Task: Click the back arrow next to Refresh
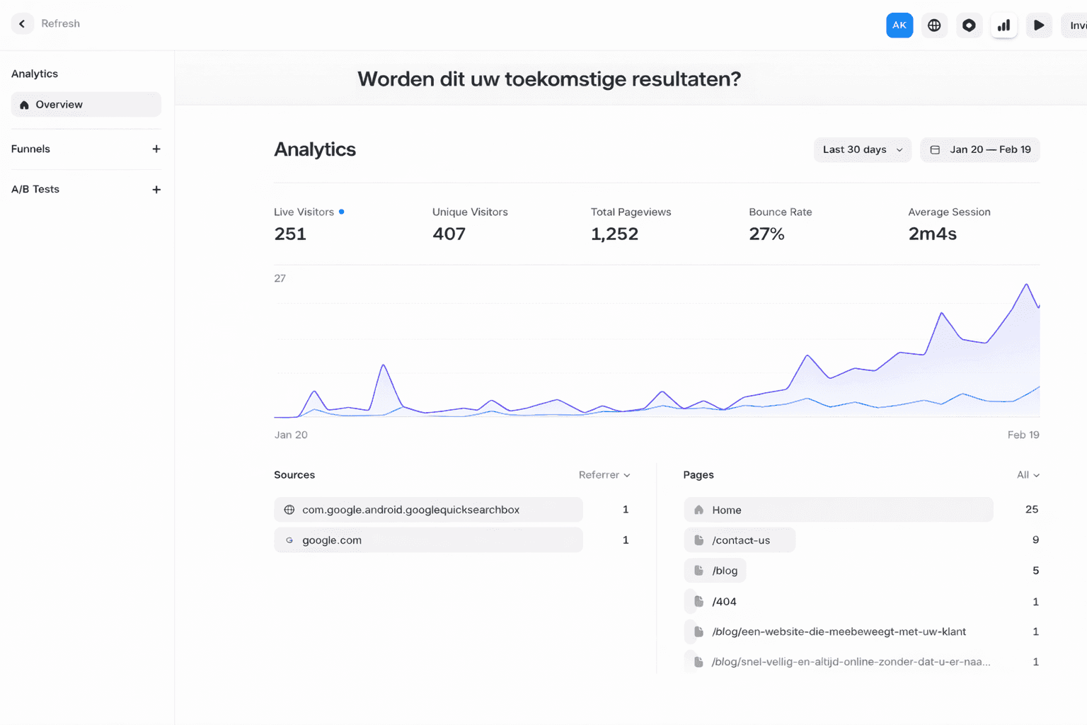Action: [x=22, y=24]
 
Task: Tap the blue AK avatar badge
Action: [x=899, y=25]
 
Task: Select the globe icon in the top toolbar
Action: [x=934, y=25]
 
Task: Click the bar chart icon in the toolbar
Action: [x=1003, y=25]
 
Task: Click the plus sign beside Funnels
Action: [x=156, y=149]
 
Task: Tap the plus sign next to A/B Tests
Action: [x=156, y=190]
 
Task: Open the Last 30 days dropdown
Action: [x=862, y=150]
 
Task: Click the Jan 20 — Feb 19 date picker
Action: [x=980, y=150]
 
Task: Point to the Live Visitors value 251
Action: [x=290, y=234]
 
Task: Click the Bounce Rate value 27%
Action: [x=766, y=234]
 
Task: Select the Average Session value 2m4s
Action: [x=932, y=234]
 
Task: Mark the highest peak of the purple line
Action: [x=1026, y=285]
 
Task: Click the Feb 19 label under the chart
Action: [x=1023, y=435]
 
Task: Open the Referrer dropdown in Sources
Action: [x=604, y=475]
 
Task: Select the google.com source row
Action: [x=428, y=540]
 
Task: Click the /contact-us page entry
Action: [x=740, y=540]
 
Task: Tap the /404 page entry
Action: [x=724, y=602]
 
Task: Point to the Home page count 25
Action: [x=1032, y=510]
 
